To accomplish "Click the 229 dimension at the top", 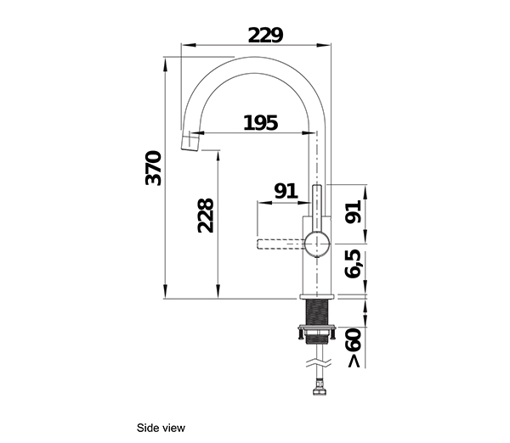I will (265, 35).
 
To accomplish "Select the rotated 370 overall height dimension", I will (154, 170).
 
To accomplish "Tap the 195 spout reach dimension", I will (260, 123).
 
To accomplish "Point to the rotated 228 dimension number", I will (205, 216).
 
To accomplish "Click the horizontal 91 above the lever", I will (286, 191).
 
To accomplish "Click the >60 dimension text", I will (354, 349).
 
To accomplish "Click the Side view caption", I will (161, 428).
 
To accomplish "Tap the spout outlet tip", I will (190, 142).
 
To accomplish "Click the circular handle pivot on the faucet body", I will (316, 243).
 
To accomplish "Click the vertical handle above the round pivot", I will (316, 204).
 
